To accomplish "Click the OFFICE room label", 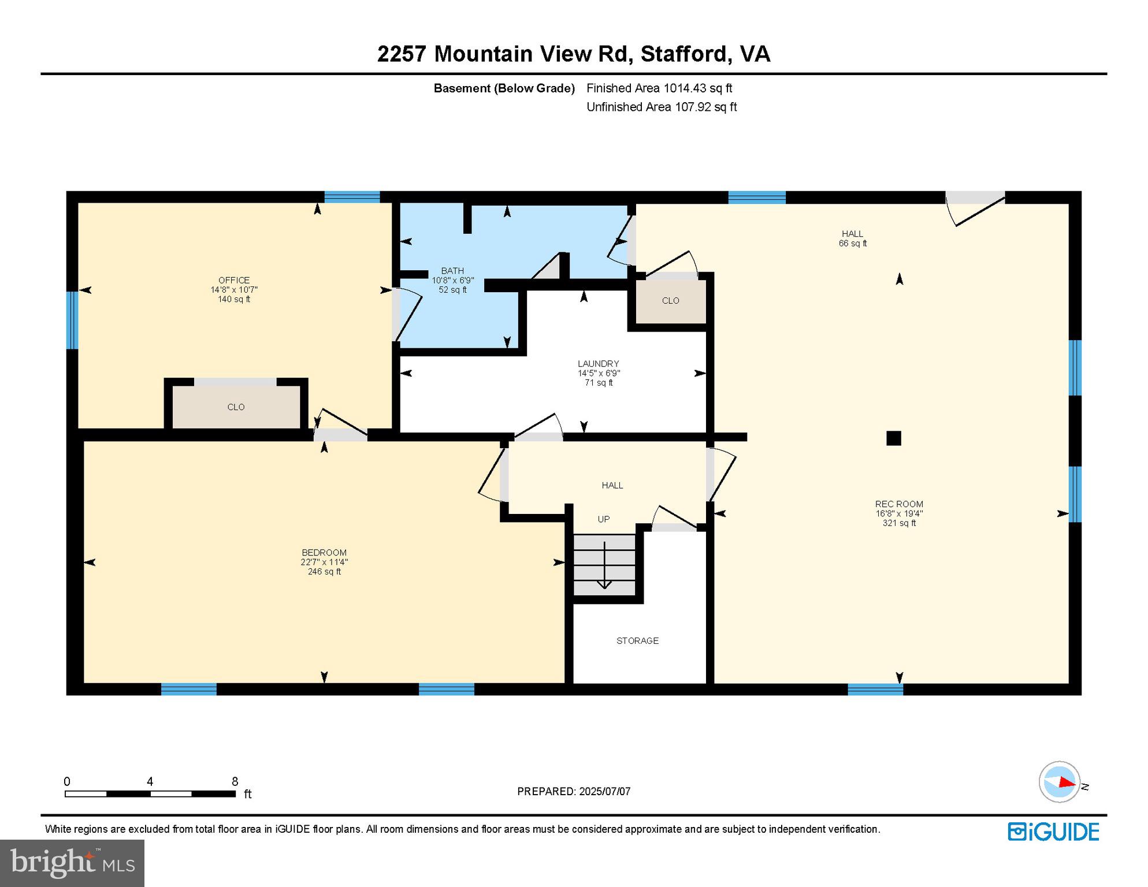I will click(x=233, y=281).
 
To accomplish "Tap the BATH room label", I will click(x=452, y=271).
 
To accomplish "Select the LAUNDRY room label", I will click(x=598, y=364).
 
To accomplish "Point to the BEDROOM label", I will click(x=324, y=553).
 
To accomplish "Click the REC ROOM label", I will click(x=898, y=504).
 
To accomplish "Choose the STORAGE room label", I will click(x=637, y=640).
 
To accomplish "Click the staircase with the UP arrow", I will click(x=604, y=564).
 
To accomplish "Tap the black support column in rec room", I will click(x=893, y=438).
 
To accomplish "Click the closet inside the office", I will click(x=236, y=407).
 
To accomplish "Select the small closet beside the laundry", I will click(x=670, y=301).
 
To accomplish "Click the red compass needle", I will click(x=1066, y=782).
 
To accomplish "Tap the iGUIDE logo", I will click(x=1053, y=832).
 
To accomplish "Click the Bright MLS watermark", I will click(x=72, y=863).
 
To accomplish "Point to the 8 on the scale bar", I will click(x=235, y=782).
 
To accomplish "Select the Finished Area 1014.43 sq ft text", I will click(x=659, y=88).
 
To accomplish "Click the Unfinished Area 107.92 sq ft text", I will click(x=661, y=107).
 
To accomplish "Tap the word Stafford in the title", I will click(x=684, y=54).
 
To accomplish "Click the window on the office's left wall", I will click(x=72, y=320).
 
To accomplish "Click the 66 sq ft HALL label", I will click(x=852, y=238).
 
